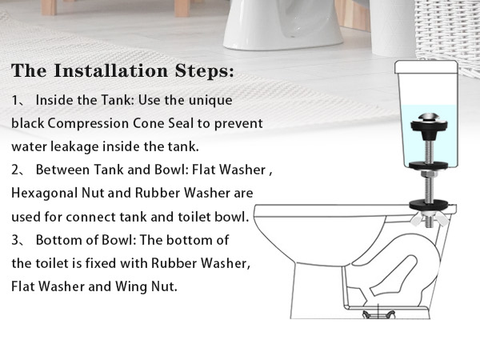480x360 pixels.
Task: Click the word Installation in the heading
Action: click(111, 70)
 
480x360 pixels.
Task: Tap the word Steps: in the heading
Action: click(205, 70)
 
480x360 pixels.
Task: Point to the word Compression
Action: click(88, 124)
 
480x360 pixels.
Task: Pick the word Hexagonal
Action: click(45, 194)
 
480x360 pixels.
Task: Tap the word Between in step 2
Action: click(63, 170)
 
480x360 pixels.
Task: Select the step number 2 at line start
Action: click(15, 170)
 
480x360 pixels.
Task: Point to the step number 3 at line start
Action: click(15, 240)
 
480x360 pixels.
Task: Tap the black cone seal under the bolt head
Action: click(429, 127)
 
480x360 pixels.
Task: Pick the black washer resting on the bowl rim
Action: click(429, 206)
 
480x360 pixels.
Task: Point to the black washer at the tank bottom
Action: click(429, 166)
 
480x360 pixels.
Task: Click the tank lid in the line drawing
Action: click(426, 67)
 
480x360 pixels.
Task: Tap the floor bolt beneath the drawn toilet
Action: click(378, 313)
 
